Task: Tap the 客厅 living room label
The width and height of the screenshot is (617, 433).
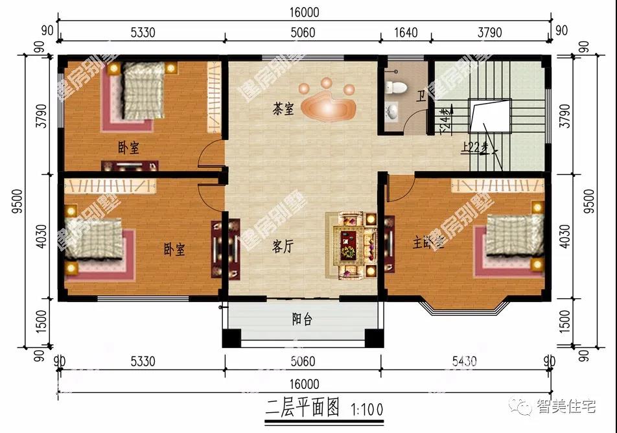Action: click(x=283, y=246)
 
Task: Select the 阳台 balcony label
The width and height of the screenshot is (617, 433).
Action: click(x=301, y=319)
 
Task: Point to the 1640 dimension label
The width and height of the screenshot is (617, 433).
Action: click(x=406, y=33)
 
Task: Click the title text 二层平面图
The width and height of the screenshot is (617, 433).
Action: click(x=303, y=407)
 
